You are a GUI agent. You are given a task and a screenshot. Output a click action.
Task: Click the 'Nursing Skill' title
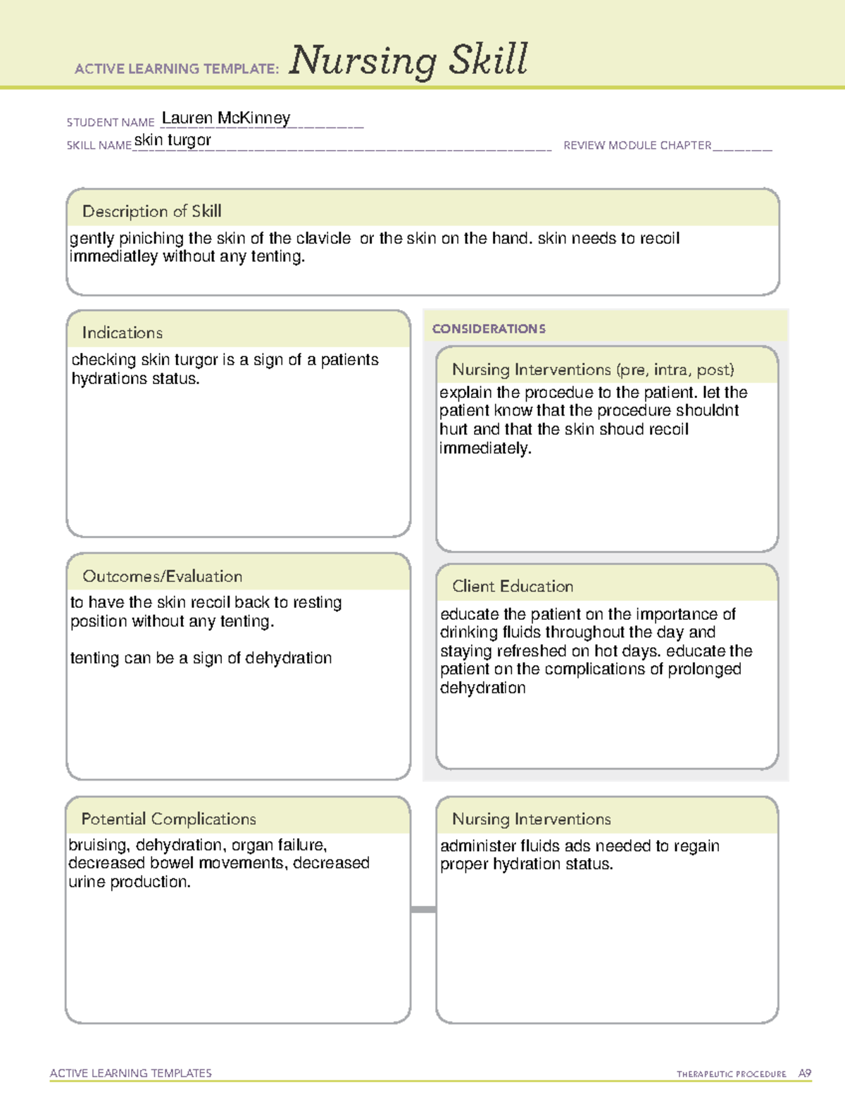coord(408,61)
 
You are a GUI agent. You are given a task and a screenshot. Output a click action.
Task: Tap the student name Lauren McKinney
coord(225,118)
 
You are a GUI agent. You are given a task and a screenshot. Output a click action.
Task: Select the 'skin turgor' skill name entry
coord(173,140)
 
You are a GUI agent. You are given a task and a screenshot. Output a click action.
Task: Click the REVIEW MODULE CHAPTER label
coord(637,145)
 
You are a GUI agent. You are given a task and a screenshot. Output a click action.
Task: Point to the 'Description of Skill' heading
coord(151,211)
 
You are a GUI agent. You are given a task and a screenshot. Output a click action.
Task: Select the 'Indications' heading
coord(122,332)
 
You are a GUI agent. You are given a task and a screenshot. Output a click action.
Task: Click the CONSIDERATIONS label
coord(489,329)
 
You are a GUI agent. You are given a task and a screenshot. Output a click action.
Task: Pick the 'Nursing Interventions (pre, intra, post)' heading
coord(593,370)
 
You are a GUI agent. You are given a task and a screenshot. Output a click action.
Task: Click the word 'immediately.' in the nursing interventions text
coord(485,449)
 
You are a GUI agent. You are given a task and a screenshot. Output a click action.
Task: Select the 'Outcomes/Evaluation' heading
coord(162,576)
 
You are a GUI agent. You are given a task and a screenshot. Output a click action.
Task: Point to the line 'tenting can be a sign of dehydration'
coord(201,658)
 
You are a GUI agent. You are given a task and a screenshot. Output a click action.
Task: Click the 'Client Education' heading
coord(513,586)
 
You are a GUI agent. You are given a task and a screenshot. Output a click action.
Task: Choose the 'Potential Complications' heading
coord(168,819)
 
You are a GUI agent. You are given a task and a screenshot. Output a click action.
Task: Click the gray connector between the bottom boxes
coord(423,909)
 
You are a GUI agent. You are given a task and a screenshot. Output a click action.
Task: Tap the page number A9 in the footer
coord(804,1074)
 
